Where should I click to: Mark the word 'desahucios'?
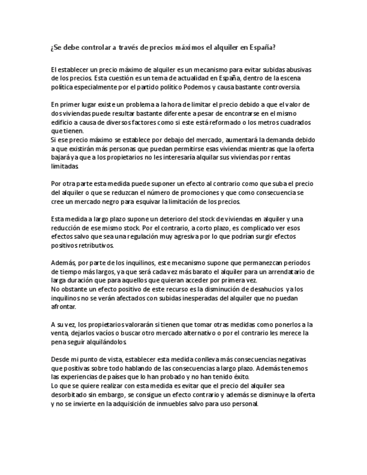259,289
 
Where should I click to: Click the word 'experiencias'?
83,377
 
